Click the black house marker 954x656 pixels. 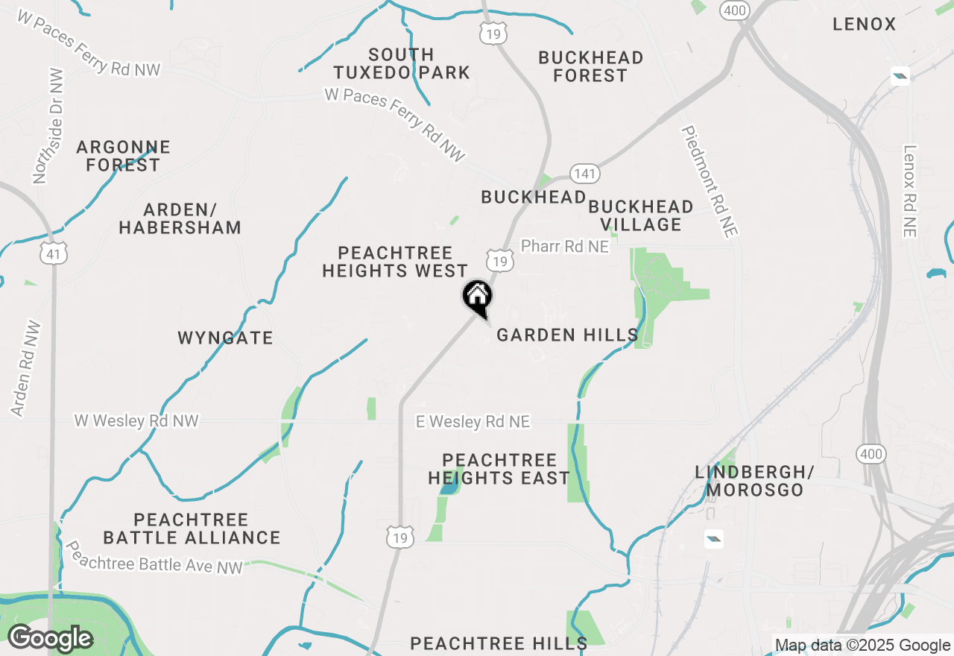477,297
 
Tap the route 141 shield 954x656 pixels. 585,174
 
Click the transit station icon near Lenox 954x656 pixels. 900,75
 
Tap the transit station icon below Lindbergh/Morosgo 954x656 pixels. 713,538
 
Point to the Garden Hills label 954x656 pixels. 567,335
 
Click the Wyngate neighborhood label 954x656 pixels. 225,338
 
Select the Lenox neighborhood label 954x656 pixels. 865,25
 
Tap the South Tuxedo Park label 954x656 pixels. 402,64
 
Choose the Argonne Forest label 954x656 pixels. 123,156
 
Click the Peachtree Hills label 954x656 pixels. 499,643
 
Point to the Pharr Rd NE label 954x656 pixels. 565,246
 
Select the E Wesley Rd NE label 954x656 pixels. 473,422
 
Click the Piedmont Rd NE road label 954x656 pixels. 710,181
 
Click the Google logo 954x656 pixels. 50,639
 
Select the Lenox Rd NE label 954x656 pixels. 909,191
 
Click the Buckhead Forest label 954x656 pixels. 590,66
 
